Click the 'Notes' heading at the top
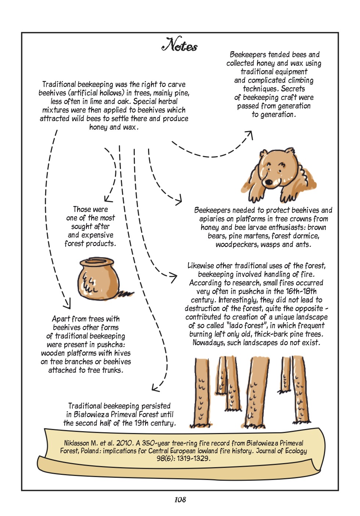[x=180, y=45]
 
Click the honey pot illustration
[x=98, y=279]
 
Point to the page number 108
[x=180, y=499]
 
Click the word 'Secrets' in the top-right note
[x=293, y=89]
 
